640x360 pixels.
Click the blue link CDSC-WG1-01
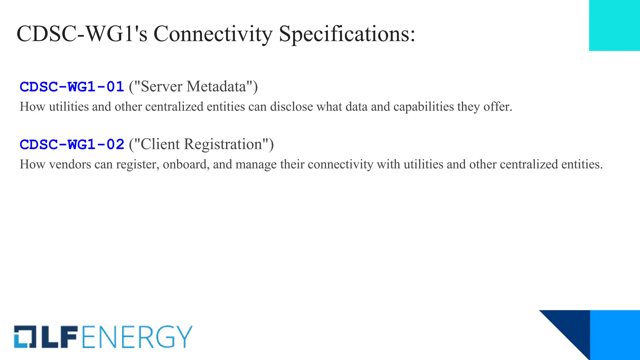tap(72, 87)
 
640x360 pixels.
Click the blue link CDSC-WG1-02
tap(72, 144)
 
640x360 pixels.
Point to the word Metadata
tap(217, 87)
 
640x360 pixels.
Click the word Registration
tap(223, 144)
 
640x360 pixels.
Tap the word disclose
tap(291, 107)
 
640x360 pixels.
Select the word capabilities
tap(423, 107)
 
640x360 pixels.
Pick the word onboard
tap(186, 164)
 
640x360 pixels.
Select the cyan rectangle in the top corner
tap(614, 25)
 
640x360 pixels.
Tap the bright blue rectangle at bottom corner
tap(615, 335)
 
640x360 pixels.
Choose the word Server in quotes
tap(162, 87)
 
